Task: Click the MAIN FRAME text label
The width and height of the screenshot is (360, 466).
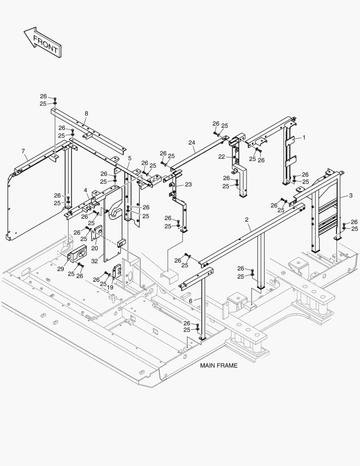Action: [x=219, y=365]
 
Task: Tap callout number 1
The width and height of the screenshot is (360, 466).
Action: [x=304, y=137]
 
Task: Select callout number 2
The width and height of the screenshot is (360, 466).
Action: [x=247, y=220]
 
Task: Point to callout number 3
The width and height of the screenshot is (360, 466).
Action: [x=351, y=195]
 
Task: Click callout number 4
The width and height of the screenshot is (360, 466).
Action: [x=86, y=190]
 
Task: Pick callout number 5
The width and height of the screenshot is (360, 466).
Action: [x=129, y=158]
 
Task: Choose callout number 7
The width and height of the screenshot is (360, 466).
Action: [x=23, y=151]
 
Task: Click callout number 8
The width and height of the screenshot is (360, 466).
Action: [x=86, y=113]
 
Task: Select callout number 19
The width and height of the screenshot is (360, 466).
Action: [x=110, y=287]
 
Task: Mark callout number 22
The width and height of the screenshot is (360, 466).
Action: [x=221, y=157]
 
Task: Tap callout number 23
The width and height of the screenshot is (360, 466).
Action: [x=188, y=184]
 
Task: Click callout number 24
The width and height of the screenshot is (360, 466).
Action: [x=191, y=142]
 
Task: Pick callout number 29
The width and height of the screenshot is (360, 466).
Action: [x=60, y=269]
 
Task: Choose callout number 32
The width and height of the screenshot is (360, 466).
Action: [x=94, y=261]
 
